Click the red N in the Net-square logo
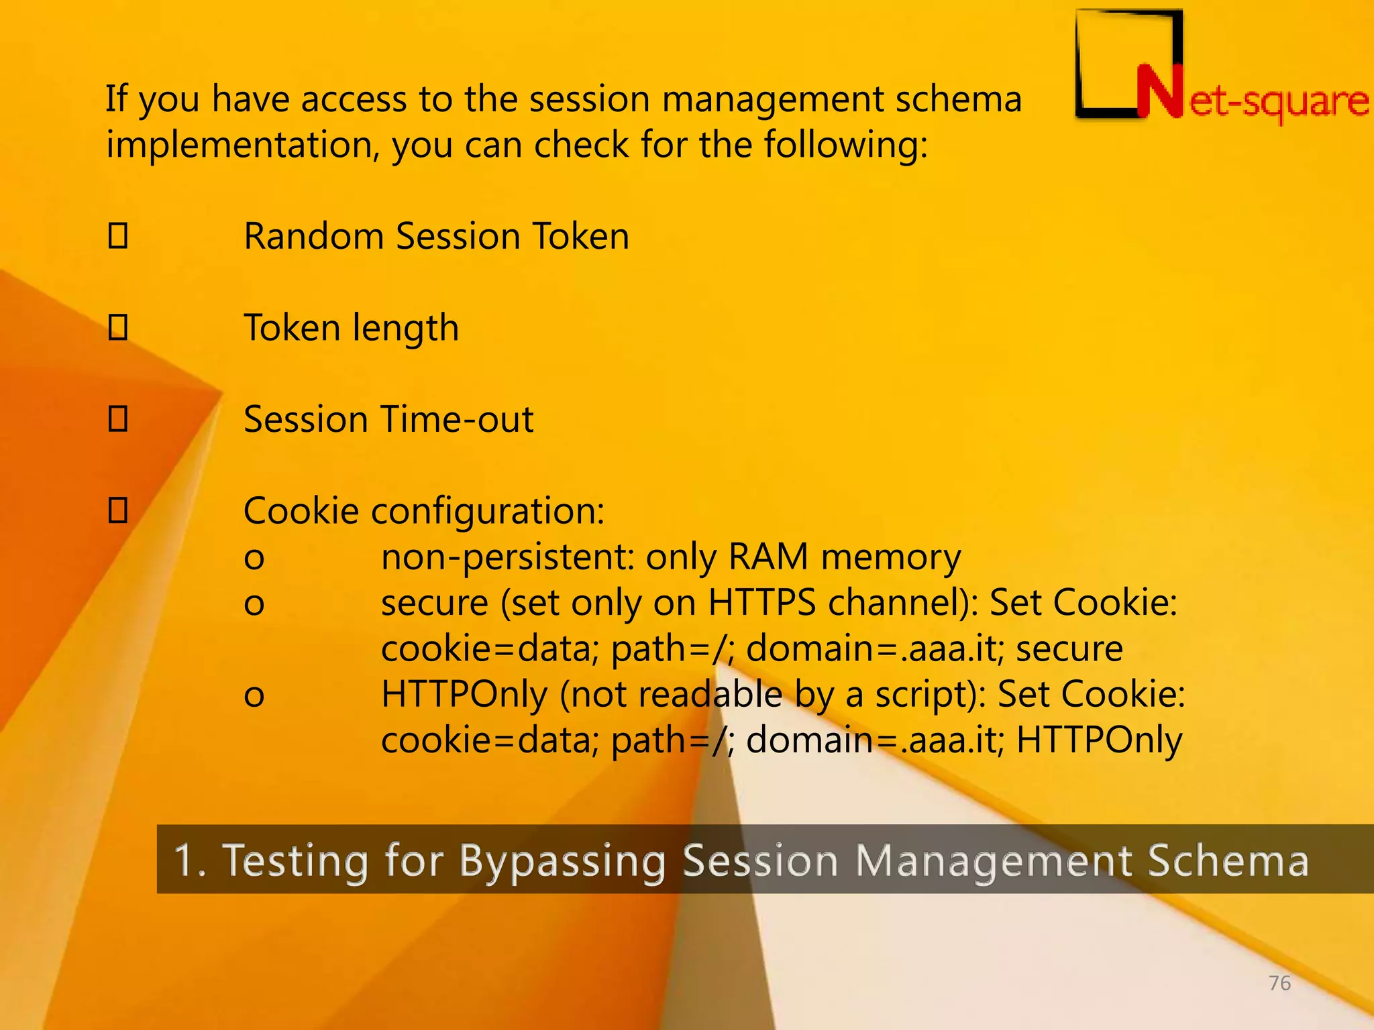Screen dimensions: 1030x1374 tap(1159, 93)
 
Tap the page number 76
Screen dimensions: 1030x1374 tap(1279, 983)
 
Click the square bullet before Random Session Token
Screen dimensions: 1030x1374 tap(118, 236)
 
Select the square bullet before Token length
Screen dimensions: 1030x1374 tap(118, 327)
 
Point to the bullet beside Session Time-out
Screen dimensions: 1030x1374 tap(118, 419)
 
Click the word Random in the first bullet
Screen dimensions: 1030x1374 tap(315, 236)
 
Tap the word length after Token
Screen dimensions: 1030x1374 tap(406, 329)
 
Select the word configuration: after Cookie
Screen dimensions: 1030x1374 tap(488, 512)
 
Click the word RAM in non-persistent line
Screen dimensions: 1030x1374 tap(768, 557)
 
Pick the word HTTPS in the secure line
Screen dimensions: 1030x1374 tap(762, 603)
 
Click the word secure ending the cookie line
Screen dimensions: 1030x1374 tap(1069, 649)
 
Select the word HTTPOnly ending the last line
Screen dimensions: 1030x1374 tap(1099, 741)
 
